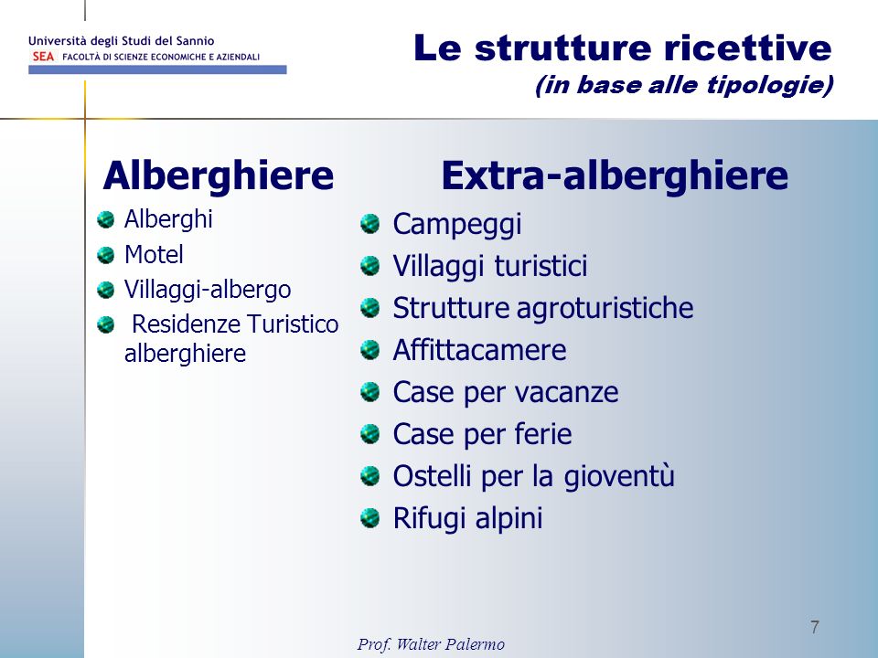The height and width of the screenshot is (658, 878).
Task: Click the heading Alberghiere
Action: point(219,175)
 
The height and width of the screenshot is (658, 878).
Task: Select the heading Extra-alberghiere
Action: point(615,175)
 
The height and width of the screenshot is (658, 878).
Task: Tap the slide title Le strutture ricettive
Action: point(623,48)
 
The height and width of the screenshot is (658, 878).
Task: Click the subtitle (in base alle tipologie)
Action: point(684,85)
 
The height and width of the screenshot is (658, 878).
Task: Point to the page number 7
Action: point(815,627)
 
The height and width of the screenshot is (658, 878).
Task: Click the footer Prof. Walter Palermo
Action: point(431,644)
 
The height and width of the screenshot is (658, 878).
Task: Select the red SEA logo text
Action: point(43,57)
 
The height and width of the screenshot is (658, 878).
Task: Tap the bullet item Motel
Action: point(154,255)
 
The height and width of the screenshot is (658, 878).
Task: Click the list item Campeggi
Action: point(457,225)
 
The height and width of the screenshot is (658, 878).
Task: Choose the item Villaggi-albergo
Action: point(208,290)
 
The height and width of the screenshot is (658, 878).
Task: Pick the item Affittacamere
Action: point(479,350)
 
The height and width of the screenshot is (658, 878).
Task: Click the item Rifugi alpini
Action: point(467,518)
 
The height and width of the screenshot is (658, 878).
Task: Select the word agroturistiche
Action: point(605,308)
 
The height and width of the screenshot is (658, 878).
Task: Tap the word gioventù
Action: point(619,477)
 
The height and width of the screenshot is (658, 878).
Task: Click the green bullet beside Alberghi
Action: point(105,219)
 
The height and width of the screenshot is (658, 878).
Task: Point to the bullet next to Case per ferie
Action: point(369,433)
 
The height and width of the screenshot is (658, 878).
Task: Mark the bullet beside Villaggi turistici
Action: point(369,266)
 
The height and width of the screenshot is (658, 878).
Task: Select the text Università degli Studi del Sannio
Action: point(122,41)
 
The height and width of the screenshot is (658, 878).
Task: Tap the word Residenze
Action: point(186,324)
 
